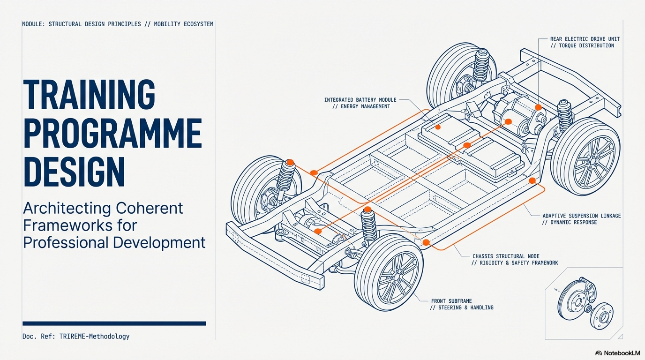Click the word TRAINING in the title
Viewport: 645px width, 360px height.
89,95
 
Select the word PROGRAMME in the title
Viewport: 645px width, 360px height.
112,134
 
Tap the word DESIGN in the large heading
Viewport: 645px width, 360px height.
74,172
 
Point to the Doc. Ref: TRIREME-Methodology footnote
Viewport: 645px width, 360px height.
76,336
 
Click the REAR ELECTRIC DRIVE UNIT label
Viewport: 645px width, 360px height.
585,39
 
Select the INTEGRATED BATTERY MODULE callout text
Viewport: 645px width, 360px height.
360,100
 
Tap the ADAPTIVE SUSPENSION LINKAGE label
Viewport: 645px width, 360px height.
581,216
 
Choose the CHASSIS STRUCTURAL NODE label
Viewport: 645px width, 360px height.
506,256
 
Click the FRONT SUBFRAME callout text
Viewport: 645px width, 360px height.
451,301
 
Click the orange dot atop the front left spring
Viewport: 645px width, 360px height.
290,162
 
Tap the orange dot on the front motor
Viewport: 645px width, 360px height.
318,231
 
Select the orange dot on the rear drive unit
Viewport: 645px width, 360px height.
538,107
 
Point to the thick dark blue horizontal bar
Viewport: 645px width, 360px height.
114,323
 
